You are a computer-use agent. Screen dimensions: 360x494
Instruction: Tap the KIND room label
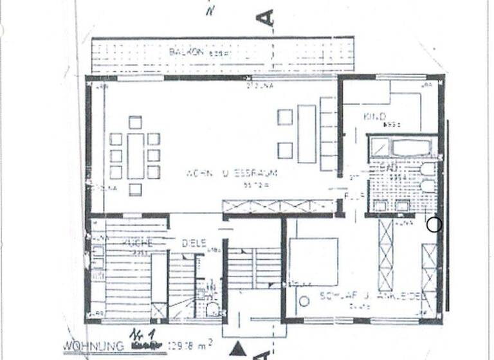(374, 117)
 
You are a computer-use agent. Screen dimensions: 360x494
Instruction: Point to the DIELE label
(194, 242)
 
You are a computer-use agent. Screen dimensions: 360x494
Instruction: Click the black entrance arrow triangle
(238, 349)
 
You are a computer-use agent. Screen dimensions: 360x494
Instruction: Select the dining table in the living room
(136, 156)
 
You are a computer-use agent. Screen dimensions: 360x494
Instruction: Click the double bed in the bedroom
(313, 261)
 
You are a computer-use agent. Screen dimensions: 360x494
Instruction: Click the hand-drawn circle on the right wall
(434, 224)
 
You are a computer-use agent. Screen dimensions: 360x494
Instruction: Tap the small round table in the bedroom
(304, 301)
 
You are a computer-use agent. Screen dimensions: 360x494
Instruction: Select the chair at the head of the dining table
(135, 122)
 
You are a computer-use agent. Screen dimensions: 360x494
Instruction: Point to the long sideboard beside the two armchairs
(307, 134)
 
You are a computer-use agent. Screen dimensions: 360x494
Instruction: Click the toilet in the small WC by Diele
(213, 309)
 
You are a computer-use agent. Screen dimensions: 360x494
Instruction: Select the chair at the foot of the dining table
(135, 189)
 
